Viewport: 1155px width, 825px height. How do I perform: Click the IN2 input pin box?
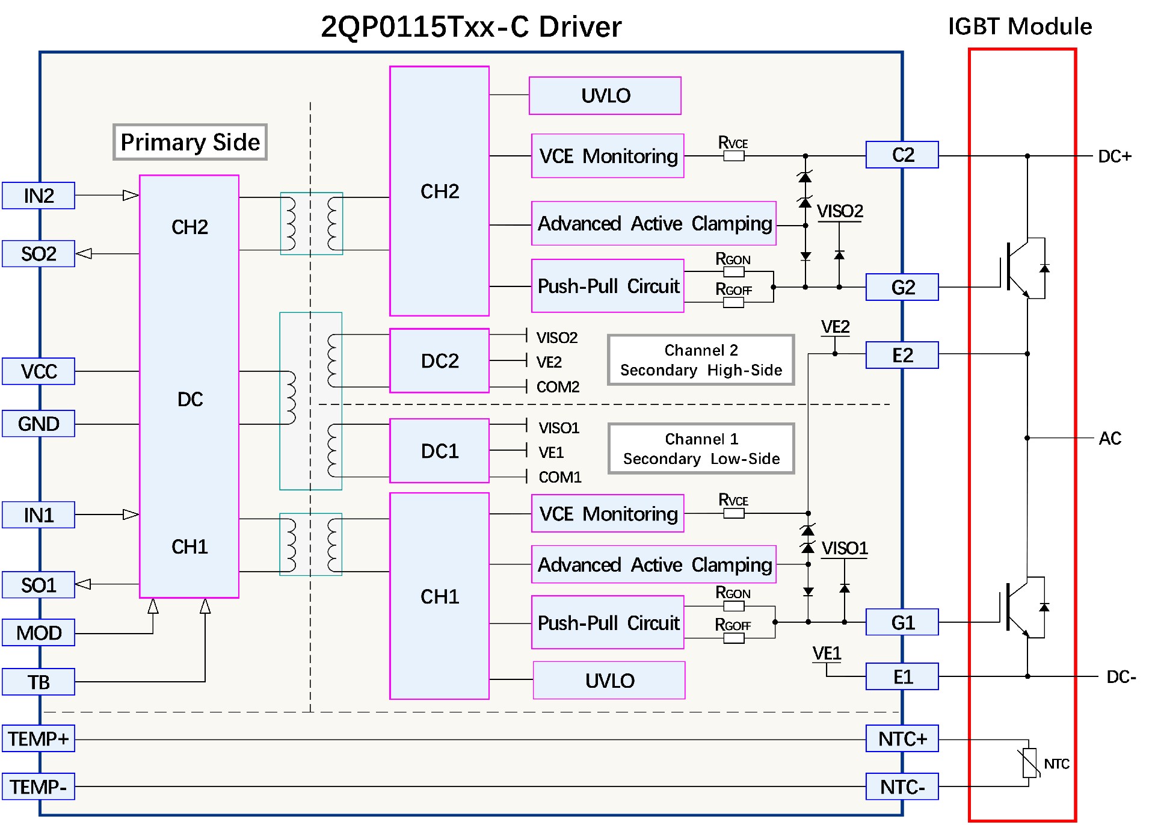(x=38, y=196)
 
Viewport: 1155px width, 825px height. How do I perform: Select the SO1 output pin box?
(x=38, y=585)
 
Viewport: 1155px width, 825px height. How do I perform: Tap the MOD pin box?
(x=38, y=632)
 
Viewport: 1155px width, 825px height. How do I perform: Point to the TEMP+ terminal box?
(x=38, y=738)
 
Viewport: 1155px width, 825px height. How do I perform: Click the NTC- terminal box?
(x=902, y=786)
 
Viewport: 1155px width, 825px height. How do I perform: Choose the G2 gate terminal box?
(x=902, y=287)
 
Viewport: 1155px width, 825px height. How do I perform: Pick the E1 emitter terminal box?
(x=902, y=676)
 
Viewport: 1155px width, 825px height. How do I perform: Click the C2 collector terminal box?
(x=902, y=155)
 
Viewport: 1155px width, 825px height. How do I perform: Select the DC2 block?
(x=439, y=360)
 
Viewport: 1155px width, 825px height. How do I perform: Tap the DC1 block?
(x=439, y=451)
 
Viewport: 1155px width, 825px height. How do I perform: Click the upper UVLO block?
(x=605, y=96)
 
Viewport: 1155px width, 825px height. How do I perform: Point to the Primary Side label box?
(x=190, y=142)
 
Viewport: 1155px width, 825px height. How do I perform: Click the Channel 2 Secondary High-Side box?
(x=701, y=360)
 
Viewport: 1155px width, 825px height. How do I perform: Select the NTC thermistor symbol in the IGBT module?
(x=1030, y=763)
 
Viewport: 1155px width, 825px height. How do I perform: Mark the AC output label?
(x=1110, y=438)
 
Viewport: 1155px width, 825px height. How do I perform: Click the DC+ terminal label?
(x=1114, y=156)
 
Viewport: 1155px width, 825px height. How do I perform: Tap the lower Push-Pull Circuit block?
(x=608, y=622)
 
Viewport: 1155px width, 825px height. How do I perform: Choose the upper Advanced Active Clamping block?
(x=654, y=223)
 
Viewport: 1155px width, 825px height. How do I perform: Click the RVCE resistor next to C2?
(x=733, y=156)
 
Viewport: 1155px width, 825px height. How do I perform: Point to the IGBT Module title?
(x=1020, y=26)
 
